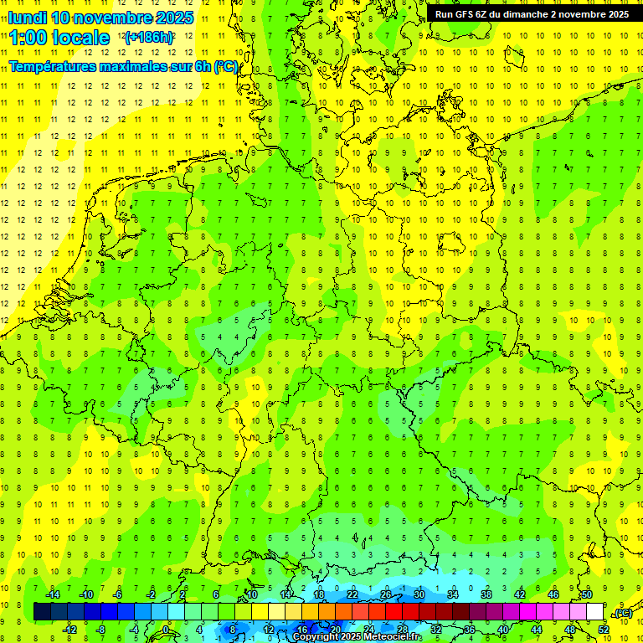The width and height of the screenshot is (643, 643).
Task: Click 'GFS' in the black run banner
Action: (466, 14)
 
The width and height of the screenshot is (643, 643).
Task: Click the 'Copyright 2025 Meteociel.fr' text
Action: (358, 637)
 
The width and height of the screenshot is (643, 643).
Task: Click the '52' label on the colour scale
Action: (603, 630)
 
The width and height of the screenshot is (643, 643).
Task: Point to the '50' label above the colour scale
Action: (586, 594)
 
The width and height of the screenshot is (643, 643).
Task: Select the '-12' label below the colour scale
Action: (69, 630)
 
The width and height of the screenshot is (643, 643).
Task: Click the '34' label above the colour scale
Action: (452, 594)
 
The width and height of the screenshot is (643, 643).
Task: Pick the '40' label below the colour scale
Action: (502, 630)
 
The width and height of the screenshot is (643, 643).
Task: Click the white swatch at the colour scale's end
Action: (594, 612)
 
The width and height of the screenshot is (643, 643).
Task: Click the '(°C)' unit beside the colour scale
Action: (622, 613)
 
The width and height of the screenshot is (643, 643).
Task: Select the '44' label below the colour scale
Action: (536, 630)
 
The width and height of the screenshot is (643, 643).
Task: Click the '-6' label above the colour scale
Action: (118, 594)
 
